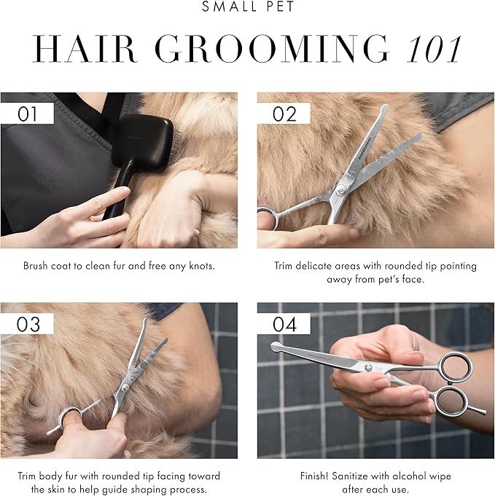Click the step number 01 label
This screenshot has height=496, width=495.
pos(28,114)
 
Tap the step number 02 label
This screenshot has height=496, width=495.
pos(284,114)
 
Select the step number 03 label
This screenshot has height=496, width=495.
pos(28,323)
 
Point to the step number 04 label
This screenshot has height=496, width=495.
pos(284,323)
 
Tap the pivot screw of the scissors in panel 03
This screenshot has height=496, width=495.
pos(125,388)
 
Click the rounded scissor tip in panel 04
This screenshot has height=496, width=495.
pos(276,347)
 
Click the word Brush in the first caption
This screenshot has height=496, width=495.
pos(37,266)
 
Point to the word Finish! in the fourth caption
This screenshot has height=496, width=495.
pos(318,476)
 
